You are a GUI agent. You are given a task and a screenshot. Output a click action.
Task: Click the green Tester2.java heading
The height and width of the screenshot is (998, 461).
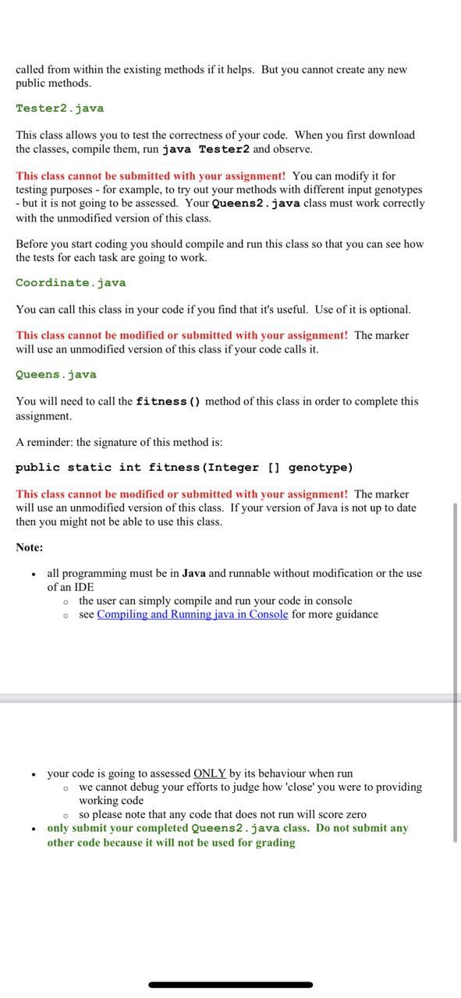[x=59, y=108]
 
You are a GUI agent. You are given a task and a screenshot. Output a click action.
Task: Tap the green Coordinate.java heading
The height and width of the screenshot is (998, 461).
[x=70, y=283]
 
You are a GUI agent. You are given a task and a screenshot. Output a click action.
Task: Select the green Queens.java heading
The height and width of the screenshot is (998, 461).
[x=56, y=375]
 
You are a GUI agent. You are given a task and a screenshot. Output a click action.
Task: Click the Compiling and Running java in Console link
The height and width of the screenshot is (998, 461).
[x=193, y=614]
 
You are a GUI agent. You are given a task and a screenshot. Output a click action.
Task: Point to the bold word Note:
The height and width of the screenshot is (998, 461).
[x=30, y=547]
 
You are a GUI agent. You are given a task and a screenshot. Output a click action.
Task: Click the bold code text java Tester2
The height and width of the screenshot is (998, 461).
[x=206, y=149]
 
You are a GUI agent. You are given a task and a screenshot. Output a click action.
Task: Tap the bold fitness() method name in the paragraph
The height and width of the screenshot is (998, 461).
[x=168, y=402]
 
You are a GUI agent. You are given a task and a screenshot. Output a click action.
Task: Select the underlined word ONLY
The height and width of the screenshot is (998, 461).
[x=210, y=773]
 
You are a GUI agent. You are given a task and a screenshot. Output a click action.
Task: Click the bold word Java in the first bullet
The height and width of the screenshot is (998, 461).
[x=193, y=573]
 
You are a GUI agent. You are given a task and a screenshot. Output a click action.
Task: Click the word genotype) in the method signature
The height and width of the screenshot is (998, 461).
[x=321, y=468]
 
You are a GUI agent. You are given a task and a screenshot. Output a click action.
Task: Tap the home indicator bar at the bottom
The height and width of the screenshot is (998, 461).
[x=230, y=985]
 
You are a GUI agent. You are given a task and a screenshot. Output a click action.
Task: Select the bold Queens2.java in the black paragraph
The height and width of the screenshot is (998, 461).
[x=256, y=203]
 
